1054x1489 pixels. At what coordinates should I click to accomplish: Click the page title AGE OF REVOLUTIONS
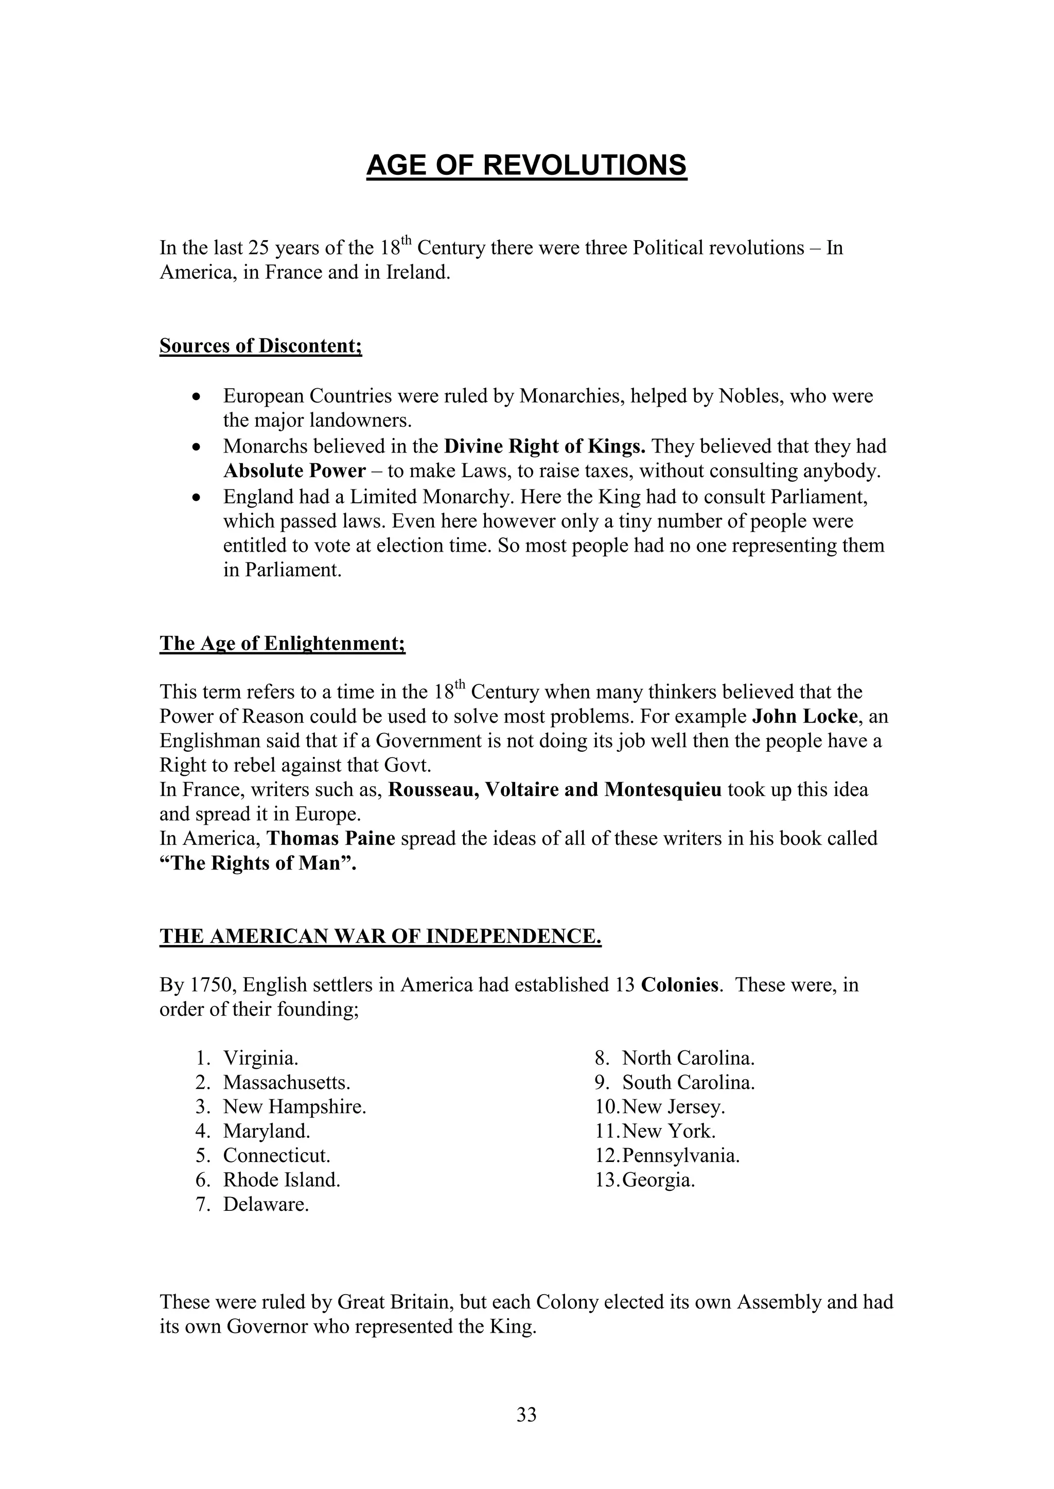526,166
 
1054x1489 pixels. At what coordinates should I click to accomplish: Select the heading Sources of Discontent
260,346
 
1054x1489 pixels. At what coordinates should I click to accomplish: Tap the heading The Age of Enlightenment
283,643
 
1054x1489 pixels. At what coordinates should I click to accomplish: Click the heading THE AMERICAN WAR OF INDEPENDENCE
380,936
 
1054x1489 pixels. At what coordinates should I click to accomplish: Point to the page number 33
526,1414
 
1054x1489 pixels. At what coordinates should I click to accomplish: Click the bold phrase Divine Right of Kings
544,446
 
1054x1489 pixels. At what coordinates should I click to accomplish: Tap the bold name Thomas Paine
331,839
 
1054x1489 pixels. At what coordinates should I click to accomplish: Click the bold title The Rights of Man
258,864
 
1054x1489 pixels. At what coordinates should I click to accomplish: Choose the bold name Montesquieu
663,790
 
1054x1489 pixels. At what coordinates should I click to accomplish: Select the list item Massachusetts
286,1082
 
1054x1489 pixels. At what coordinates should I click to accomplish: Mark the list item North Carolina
688,1058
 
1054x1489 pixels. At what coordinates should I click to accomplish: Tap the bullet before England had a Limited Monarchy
197,497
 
